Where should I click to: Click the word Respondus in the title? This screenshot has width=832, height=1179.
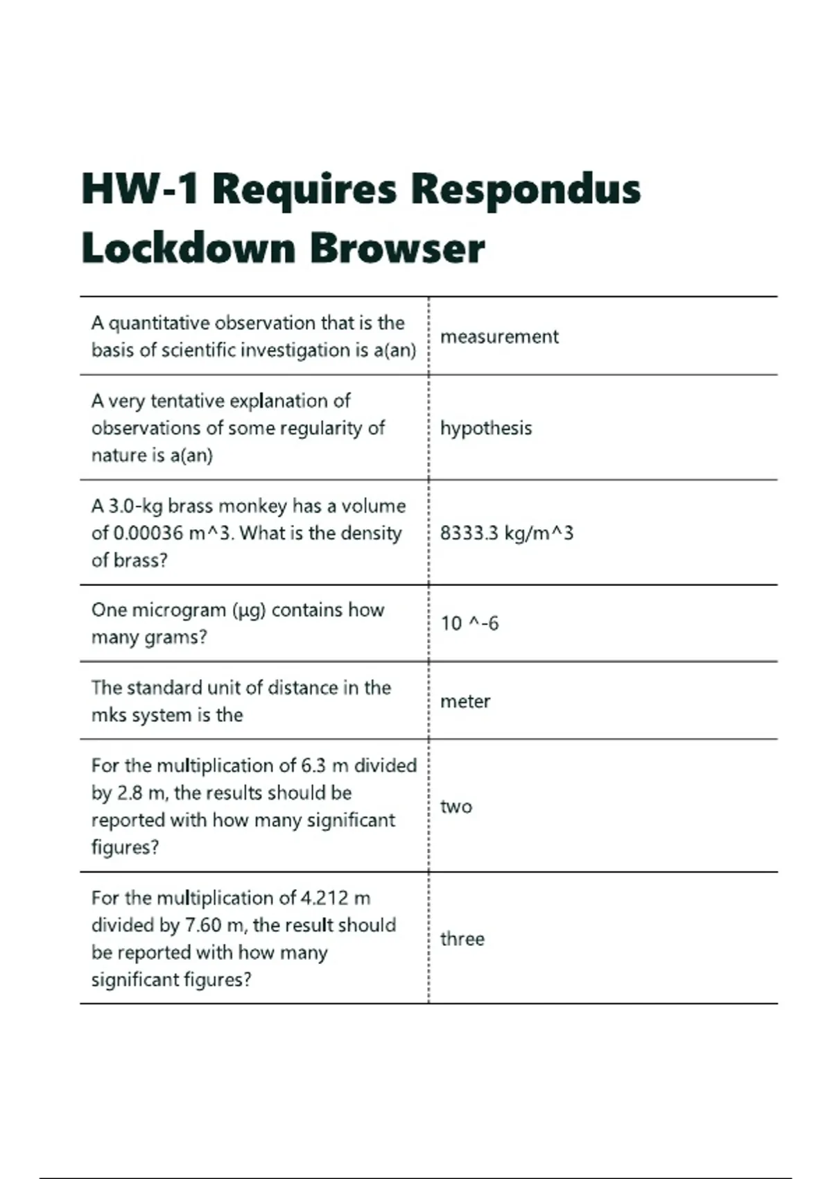[x=526, y=189]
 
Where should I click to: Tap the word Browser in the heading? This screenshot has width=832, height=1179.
[x=397, y=248]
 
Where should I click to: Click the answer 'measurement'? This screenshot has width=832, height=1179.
[x=499, y=337]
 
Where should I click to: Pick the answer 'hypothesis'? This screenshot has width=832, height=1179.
[x=486, y=429]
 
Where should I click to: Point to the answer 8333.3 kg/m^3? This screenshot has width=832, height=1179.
[x=507, y=533]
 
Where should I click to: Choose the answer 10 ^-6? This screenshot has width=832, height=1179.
[x=469, y=623]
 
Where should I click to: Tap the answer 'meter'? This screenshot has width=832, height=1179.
[x=465, y=702]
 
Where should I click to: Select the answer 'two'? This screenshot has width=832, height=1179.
[x=456, y=807]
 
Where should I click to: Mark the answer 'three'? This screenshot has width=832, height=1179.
[x=462, y=939]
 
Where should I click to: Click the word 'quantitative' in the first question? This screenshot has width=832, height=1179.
[x=159, y=323]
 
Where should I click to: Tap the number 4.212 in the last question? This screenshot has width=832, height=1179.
[x=324, y=898]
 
